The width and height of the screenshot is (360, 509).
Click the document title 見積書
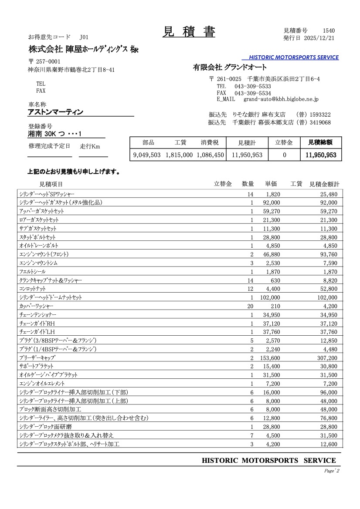189,32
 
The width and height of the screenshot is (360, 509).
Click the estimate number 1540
329,30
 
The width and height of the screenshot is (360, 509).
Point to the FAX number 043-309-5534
252,93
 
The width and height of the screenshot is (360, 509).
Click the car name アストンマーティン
55,112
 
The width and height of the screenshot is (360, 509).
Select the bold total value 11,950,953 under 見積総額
321,155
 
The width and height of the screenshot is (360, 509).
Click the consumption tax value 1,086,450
210,155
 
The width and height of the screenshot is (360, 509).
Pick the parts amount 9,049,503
147,155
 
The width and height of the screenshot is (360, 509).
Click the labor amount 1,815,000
179,155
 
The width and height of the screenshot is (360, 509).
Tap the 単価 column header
271,184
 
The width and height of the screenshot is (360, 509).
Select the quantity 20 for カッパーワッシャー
250,306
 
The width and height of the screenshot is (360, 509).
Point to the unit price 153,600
268,357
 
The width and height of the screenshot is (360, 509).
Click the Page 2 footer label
332,471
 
